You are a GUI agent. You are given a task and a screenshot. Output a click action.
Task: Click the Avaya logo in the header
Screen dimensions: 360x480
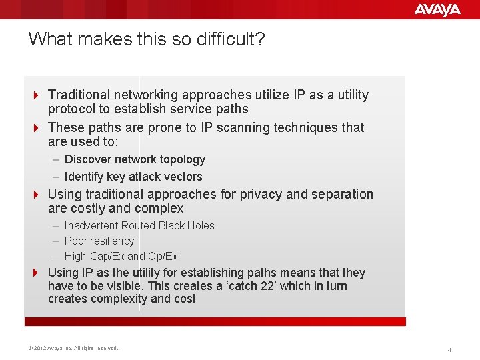(x=437, y=9)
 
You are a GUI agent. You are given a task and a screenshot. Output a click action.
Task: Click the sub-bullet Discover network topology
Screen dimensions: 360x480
(x=135, y=159)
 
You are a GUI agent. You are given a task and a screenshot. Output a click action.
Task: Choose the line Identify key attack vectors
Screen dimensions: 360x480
(x=133, y=177)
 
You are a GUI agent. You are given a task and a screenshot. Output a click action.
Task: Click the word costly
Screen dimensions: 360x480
(x=87, y=209)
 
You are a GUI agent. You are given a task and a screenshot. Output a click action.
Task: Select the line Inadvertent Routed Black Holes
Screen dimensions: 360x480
(x=139, y=226)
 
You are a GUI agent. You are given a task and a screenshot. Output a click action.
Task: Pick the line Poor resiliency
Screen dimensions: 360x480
(x=99, y=241)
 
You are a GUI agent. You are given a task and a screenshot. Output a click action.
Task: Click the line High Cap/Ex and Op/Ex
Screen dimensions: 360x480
(x=121, y=256)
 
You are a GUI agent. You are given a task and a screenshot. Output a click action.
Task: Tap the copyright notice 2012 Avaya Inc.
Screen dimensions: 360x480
(x=73, y=348)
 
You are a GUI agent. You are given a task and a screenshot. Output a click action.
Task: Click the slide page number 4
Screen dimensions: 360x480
(x=449, y=349)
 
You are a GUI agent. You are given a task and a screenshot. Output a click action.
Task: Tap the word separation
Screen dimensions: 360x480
(x=342, y=195)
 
